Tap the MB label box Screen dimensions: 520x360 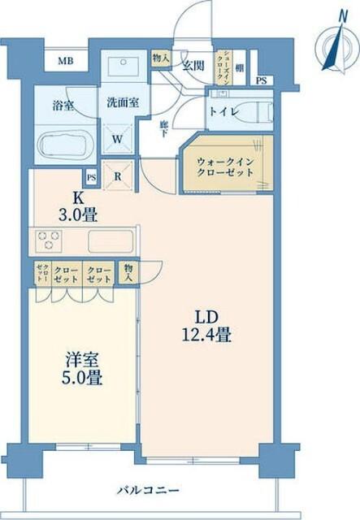pyautogui.click(x=62, y=61)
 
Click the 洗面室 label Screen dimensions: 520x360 pyautogui.click(x=119, y=103)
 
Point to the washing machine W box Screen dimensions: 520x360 pyautogui.click(x=119, y=139)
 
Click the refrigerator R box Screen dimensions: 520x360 pyautogui.click(x=119, y=176)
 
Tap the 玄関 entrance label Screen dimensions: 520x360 pyautogui.click(x=192, y=66)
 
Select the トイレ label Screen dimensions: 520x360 pyautogui.click(x=224, y=112)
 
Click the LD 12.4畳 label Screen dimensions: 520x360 pyautogui.click(x=206, y=323)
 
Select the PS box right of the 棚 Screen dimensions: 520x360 pyautogui.click(x=261, y=80)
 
